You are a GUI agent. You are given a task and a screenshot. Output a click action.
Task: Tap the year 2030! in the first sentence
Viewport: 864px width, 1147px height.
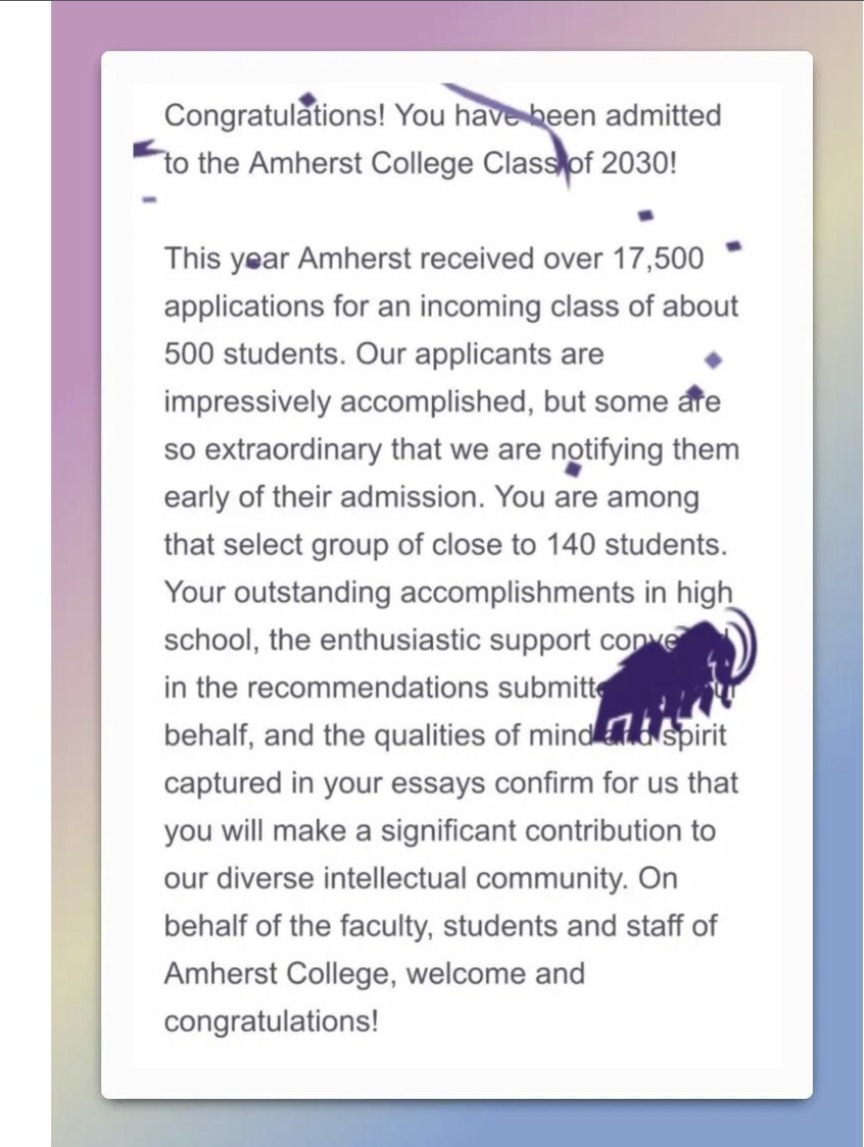[638, 163]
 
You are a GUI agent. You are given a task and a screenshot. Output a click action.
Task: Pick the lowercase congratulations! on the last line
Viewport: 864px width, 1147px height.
[271, 1021]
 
